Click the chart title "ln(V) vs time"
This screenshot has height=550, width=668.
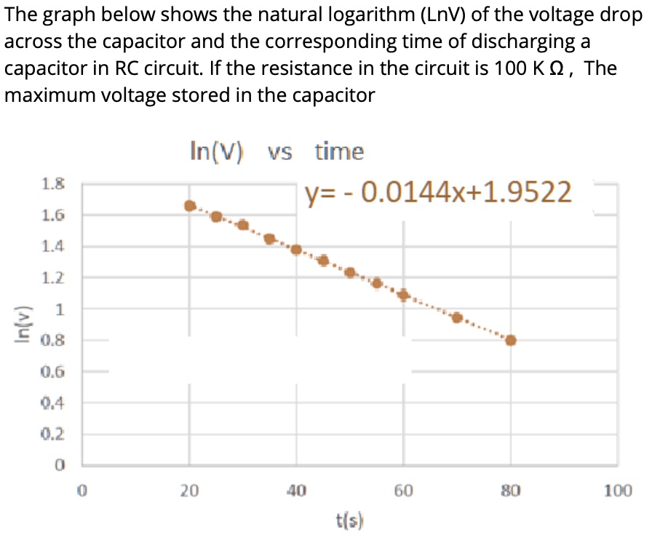pyautogui.click(x=276, y=151)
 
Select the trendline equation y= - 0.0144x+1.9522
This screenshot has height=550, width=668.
pyautogui.click(x=438, y=192)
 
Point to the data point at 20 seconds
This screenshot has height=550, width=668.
pyautogui.click(x=190, y=206)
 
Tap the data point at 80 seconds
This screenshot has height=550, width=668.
pyautogui.click(x=511, y=340)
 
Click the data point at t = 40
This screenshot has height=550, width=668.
pyautogui.click(x=296, y=250)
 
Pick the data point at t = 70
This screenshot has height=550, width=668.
pyautogui.click(x=457, y=317)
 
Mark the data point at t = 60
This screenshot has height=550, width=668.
pyautogui.click(x=403, y=295)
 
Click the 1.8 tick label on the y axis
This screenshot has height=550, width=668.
pyautogui.click(x=52, y=185)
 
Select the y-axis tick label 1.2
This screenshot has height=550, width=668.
pyautogui.click(x=52, y=277)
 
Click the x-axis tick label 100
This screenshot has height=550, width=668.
pyautogui.click(x=618, y=491)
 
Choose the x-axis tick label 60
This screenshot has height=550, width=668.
pyautogui.click(x=404, y=491)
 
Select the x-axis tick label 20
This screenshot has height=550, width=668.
pyautogui.click(x=189, y=491)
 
